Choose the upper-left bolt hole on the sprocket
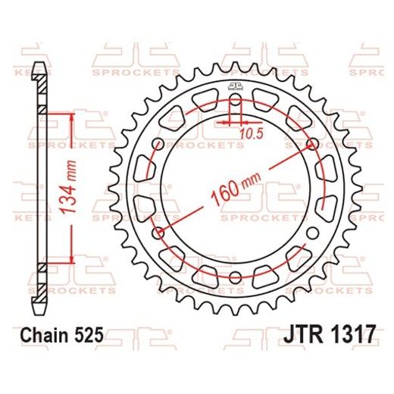pos(157,144)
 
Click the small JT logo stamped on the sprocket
pos(234,85)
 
